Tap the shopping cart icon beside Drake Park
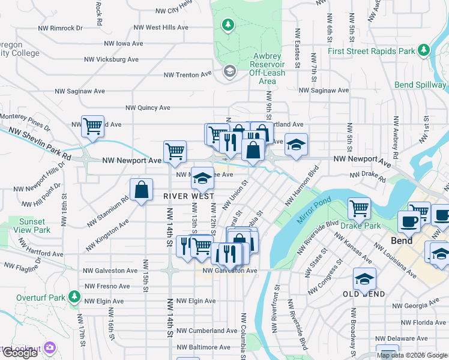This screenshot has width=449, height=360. [359, 208]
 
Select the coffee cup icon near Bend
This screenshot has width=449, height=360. [409, 221]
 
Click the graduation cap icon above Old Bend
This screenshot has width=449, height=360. [364, 279]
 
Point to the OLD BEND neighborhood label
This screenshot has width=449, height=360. [364, 293]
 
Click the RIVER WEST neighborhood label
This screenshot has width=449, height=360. [188, 196]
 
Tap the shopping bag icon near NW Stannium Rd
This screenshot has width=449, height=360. [140, 190]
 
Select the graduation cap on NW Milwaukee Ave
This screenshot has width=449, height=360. [202, 177]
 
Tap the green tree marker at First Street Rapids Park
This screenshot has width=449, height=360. [424, 49]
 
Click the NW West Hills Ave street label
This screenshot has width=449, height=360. [161, 28]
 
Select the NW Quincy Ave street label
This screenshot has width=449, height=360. [148, 108]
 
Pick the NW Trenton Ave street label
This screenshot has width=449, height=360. [188, 75]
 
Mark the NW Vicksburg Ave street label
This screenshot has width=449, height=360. [112, 59]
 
